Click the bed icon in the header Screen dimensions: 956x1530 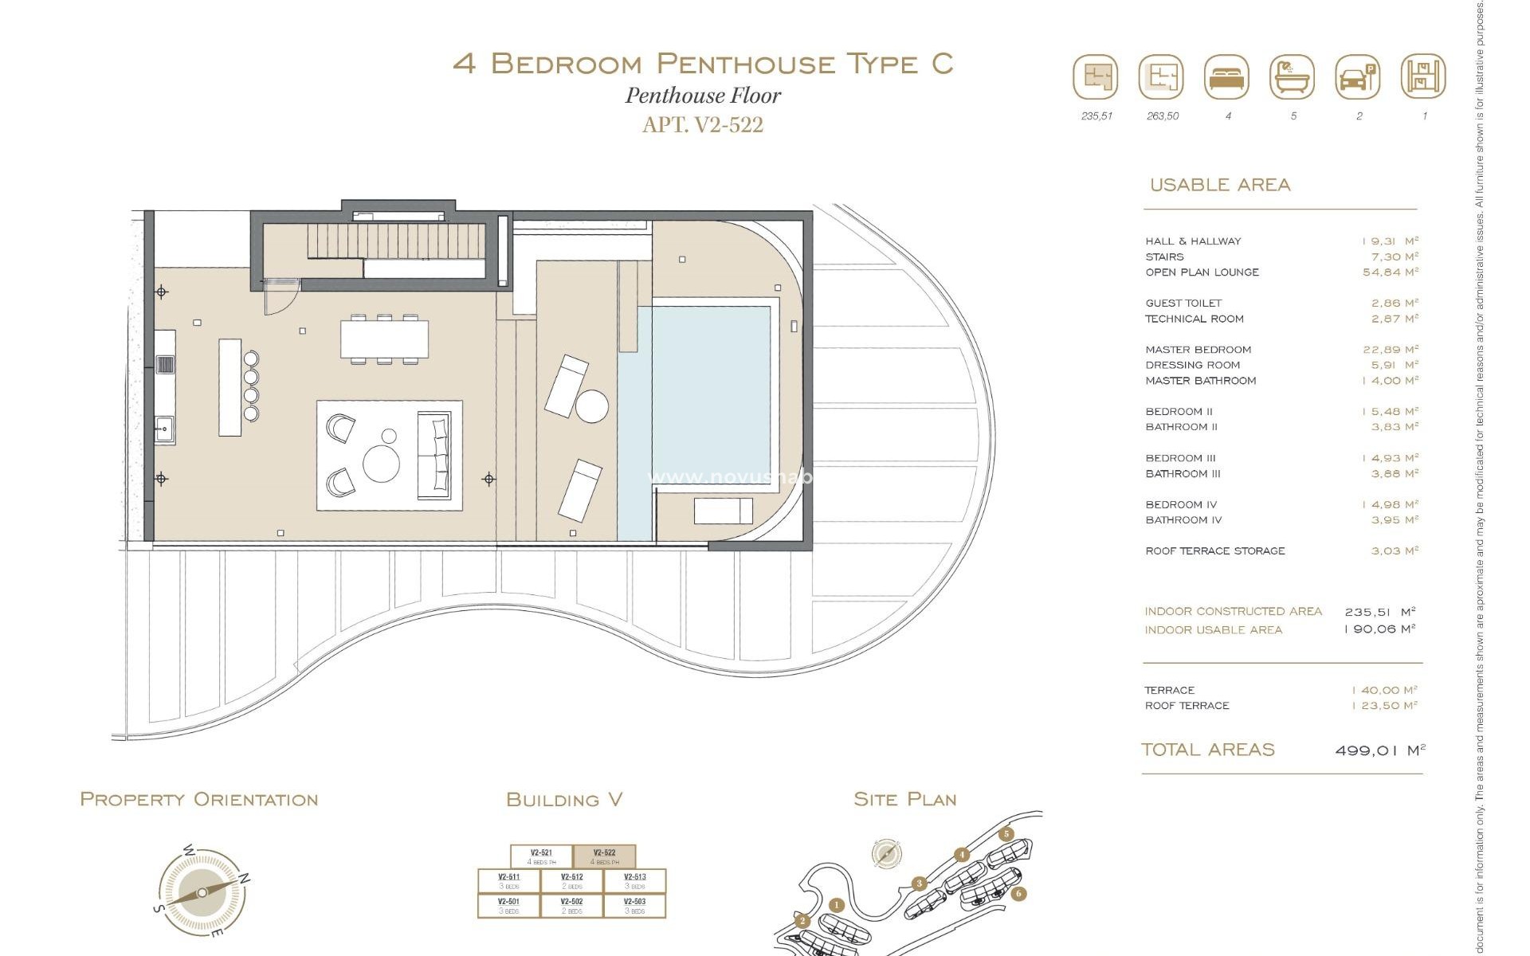click(1226, 77)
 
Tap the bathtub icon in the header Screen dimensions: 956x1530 click(1291, 77)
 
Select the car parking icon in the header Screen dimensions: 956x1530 click(1356, 77)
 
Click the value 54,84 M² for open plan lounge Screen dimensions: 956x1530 click(1390, 272)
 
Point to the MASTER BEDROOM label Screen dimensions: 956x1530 click(1198, 350)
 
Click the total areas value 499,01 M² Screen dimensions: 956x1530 click(1379, 750)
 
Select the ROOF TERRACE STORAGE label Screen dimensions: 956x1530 click(1214, 551)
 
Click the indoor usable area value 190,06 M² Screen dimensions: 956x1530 click(1379, 629)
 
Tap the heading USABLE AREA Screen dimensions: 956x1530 click(1219, 185)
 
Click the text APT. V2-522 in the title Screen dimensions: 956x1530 click(702, 125)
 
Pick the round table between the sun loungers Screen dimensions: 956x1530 click(592, 406)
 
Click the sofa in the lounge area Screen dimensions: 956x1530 click(434, 455)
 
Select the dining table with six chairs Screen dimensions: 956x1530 click(384, 339)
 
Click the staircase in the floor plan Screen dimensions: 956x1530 click(396, 241)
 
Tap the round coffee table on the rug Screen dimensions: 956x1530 click(381, 464)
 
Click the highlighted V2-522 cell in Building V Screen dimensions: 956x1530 click(604, 856)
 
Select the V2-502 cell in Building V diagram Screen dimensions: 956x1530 click(571, 906)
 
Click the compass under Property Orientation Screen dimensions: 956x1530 click(202, 892)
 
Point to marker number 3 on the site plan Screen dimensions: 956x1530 click(919, 884)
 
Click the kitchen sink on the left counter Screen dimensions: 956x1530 click(164, 429)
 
